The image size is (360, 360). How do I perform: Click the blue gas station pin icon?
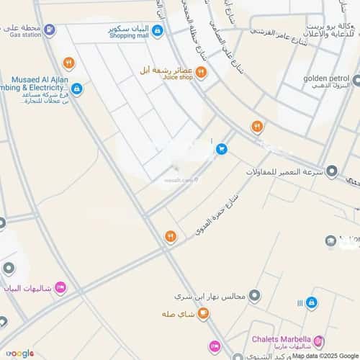(x=49, y=30)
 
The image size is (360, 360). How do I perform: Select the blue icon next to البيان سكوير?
(x=158, y=30)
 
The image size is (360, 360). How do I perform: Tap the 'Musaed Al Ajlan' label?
(x=39, y=79)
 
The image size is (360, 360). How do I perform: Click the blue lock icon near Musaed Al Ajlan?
(x=76, y=89)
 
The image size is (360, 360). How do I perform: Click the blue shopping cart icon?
(x=222, y=149)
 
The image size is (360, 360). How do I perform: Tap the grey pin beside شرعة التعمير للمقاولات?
(x=332, y=171)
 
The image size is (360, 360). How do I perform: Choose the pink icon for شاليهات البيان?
(x=60, y=288)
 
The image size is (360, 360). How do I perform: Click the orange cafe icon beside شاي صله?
(x=204, y=313)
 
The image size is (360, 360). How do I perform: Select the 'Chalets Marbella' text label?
(x=281, y=338)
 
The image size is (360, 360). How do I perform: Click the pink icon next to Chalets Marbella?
(x=319, y=341)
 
